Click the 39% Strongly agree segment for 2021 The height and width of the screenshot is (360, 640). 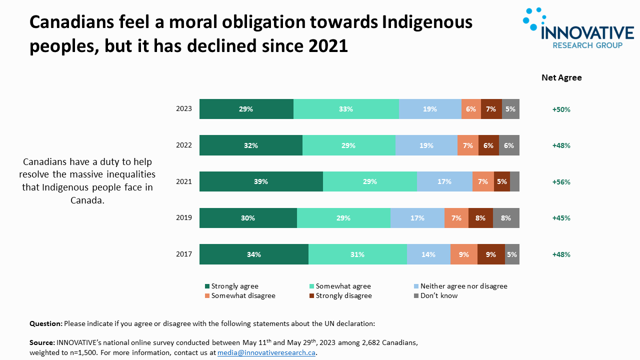[x=261, y=181]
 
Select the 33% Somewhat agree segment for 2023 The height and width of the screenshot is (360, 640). [x=346, y=109]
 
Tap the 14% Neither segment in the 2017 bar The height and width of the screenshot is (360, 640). [x=428, y=254]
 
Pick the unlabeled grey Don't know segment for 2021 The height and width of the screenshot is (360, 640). [x=514, y=181]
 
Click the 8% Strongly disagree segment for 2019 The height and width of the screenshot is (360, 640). [x=480, y=218]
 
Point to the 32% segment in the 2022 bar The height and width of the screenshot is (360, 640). [x=251, y=145]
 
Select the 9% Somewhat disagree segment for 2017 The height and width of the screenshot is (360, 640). [x=464, y=254]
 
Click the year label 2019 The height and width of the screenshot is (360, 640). [x=184, y=218]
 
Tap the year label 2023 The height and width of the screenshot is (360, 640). [x=184, y=109]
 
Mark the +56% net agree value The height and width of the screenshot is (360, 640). [x=561, y=182]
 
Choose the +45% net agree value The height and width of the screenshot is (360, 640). [x=561, y=218]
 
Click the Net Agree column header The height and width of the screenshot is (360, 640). [x=561, y=77]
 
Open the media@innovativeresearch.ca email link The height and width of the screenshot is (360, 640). [x=266, y=352]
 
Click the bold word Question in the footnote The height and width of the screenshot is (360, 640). [x=45, y=323]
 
